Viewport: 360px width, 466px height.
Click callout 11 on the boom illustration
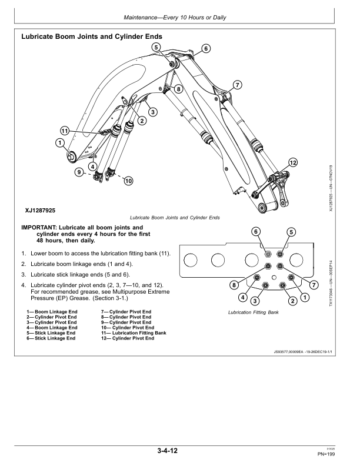coord(65,130)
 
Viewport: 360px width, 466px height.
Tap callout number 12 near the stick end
coord(293,162)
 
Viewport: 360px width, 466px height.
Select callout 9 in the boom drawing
coord(78,172)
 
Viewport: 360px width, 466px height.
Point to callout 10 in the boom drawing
coord(128,181)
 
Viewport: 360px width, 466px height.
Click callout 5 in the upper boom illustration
coord(156,47)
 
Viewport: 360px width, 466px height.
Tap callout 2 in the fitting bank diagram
coord(292,301)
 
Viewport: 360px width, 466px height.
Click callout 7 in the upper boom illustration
coord(237,85)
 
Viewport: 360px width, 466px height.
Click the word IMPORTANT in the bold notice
coord(42,227)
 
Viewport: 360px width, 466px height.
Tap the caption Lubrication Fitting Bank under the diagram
coord(252,312)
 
